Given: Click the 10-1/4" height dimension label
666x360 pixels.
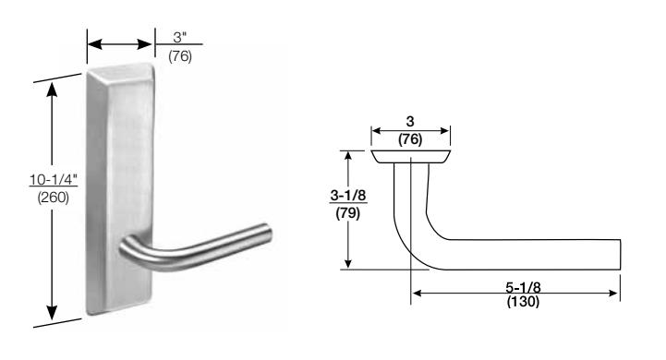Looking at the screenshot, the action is pos(53,180).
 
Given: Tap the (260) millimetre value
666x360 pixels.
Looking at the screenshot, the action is pos(53,198).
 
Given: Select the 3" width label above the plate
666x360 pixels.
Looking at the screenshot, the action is pos(180,37).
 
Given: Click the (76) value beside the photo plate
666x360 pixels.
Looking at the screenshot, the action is pos(180,56).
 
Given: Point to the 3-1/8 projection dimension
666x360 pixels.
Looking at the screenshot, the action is pos(348,196).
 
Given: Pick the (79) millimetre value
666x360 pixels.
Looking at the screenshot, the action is pos(348,213).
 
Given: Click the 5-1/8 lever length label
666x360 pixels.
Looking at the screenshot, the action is pos(523,287).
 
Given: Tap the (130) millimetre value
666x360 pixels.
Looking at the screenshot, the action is pos(523,302).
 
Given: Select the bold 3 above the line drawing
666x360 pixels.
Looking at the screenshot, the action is pos(410,122).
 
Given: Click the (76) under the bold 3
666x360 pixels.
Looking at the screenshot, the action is pos(410,139).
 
